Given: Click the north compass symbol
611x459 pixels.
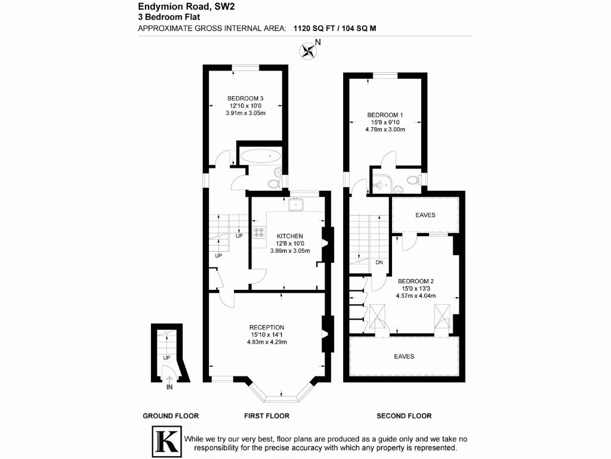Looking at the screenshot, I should (309, 50).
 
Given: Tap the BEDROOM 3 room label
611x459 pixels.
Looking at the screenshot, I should (245, 99).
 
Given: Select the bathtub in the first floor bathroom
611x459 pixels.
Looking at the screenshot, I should (261, 156).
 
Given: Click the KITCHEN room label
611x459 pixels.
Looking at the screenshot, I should (290, 236).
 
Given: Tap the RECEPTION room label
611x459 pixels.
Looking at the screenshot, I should (267, 328).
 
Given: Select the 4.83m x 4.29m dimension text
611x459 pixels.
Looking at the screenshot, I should (267, 342).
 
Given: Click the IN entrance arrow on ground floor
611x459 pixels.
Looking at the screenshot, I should (169, 379).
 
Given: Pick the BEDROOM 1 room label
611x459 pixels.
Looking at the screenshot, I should (385, 115).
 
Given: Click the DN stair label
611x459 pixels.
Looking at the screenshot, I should (379, 262).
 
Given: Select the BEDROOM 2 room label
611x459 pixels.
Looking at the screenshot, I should (416, 281).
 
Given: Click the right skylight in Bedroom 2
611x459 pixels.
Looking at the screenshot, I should (443, 316).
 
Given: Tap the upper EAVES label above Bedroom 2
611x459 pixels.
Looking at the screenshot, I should (425, 215).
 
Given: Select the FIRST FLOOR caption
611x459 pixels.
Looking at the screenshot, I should (267, 416).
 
